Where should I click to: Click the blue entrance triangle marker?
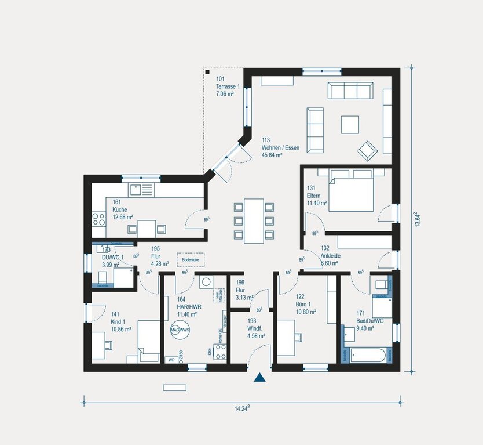[x=259, y=378]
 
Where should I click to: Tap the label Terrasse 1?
[x=229, y=86]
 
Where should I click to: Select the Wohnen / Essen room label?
[x=280, y=148]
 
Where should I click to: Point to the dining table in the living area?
[x=253, y=220]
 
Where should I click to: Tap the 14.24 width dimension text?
[x=242, y=408]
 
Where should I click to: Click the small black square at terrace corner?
[x=207, y=73]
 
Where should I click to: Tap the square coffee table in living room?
[x=350, y=125]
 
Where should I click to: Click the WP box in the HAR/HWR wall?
[x=171, y=360]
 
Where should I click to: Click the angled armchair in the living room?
[x=367, y=151]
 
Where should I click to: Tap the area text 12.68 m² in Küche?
[x=123, y=217]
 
